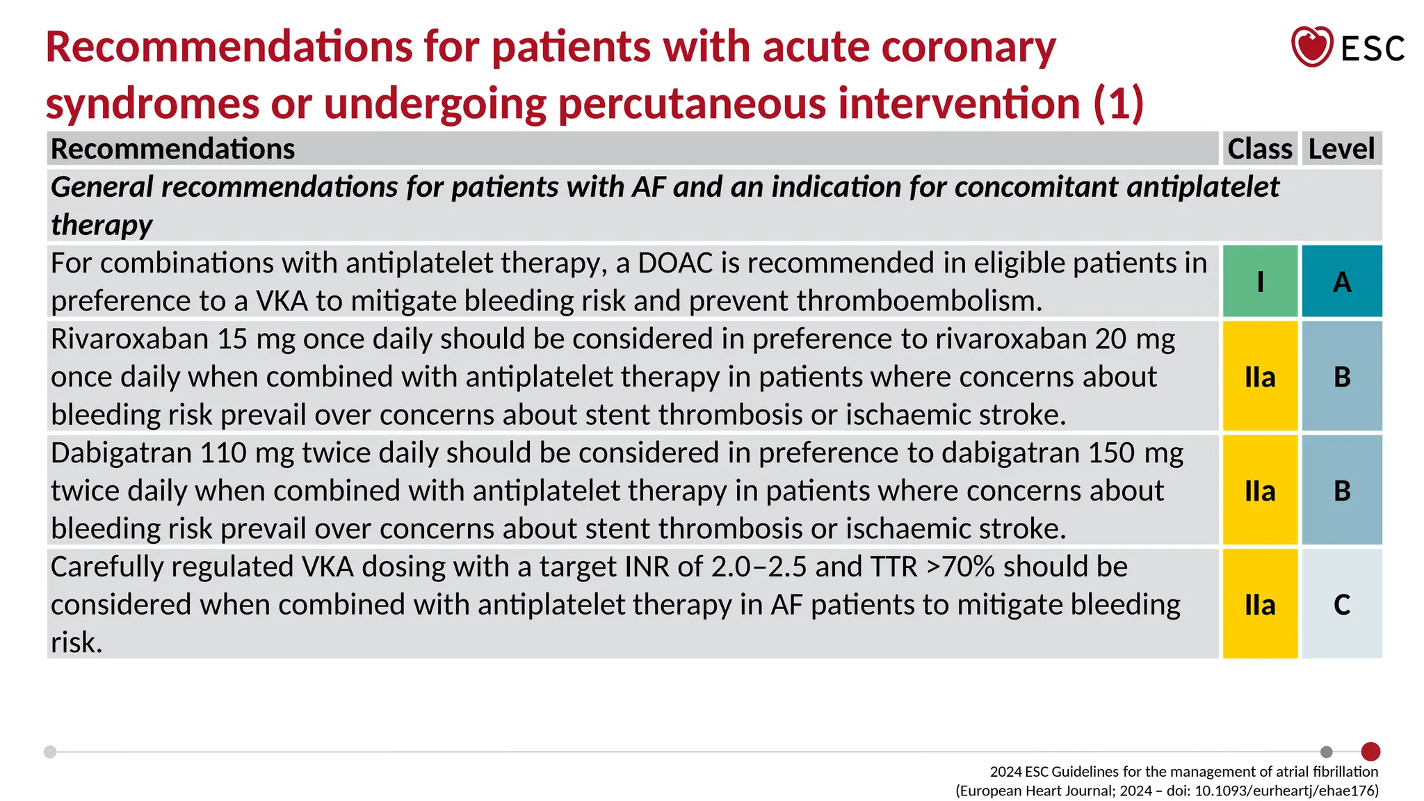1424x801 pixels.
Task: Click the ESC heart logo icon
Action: (x=1311, y=47)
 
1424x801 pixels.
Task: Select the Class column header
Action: (x=1259, y=149)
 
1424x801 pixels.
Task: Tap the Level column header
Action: (x=1341, y=149)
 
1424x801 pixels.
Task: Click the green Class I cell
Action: (x=1260, y=282)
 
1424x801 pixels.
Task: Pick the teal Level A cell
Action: (x=1342, y=282)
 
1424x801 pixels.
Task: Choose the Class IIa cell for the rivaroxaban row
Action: (x=1260, y=377)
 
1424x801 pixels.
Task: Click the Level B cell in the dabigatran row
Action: (x=1342, y=491)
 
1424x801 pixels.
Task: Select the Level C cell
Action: (x=1342, y=604)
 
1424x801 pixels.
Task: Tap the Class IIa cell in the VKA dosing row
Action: (x=1260, y=604)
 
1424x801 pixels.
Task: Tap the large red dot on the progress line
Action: (x=1370, y=752)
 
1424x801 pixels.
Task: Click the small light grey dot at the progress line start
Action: (x=50, y=752)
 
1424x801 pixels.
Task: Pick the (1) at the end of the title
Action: (x=1118, y=103)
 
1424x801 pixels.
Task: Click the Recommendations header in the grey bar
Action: (x=173, y=149)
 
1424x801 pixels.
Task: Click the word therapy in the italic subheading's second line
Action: (x=102, y=225)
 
